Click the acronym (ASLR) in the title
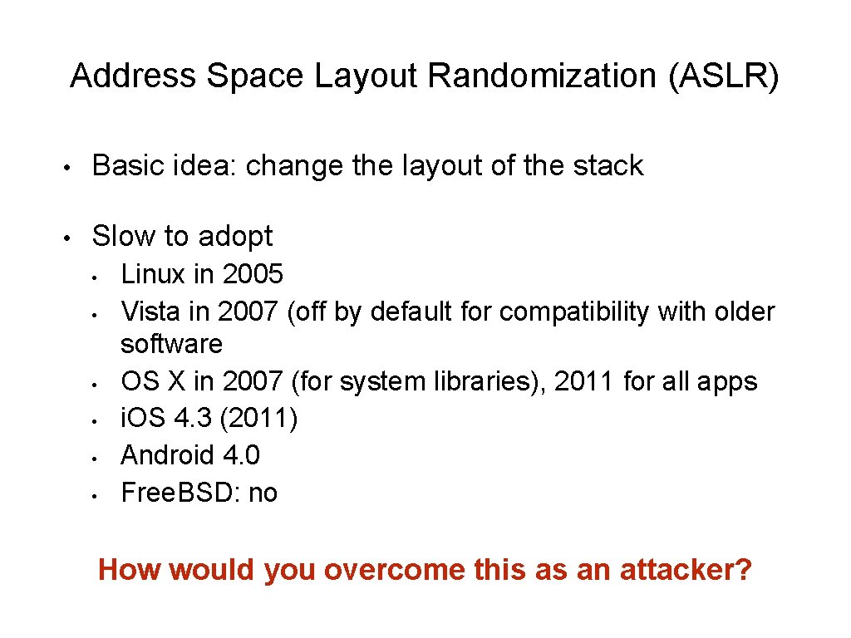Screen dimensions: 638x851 coord(723,76)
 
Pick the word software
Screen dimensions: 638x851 coord(172,343)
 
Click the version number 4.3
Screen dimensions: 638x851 coord(196,418)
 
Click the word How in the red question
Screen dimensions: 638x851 coord(123,570)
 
